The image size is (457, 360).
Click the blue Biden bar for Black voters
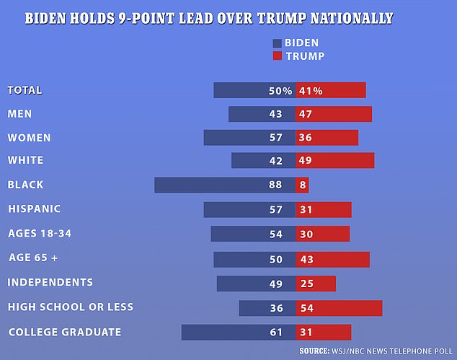click(209, 185)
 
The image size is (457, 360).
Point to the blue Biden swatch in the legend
click(278, 43)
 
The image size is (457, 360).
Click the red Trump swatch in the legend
click(278, 56)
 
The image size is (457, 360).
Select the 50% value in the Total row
click(280, 91)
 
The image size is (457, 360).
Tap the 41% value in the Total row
click(311, 91)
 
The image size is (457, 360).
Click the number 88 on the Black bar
click(275, 185)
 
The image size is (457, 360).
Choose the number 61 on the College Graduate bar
click(275, 333)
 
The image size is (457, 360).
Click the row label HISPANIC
click(34, 209)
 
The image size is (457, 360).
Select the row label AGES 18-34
click(40, 233)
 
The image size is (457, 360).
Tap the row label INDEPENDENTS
click(50, 282)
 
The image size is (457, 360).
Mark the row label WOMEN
click(29, 138)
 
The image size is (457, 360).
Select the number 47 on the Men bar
click(305, 115)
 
